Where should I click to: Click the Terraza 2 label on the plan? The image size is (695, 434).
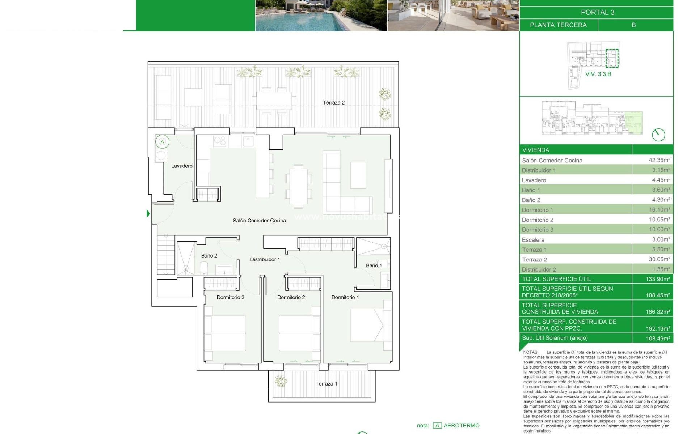[x=333, y=103]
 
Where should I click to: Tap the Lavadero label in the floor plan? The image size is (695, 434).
[x=182, y=166]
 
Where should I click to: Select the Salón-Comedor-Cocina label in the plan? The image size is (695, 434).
[x=259, y=221]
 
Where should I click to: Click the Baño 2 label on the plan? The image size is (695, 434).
[x=209, y=256]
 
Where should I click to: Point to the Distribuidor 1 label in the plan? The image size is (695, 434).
[x=265, y=259]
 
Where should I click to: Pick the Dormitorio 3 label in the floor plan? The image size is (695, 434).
[x=230, y=297]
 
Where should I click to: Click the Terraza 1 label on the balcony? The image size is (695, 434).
[x=326, y=384]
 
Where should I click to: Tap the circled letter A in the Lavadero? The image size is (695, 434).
[x=162, y=142]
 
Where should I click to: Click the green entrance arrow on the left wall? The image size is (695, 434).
[x=148, y=214]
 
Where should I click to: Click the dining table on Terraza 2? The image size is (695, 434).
[x=274, y=100]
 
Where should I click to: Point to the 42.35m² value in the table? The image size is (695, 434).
[x=659, y=160]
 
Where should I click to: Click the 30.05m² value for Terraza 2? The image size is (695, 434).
[x=659, y=259]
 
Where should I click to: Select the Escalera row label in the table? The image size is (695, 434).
[x=533, y=240]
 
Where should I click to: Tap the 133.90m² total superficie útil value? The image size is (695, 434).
[x=658, y=279]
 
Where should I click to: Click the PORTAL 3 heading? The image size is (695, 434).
[x=597, y=12]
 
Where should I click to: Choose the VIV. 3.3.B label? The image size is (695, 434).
[x=598, y=74]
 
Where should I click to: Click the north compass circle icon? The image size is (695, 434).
[x=658, y=135]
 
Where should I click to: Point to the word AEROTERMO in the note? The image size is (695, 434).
[x=461, y=426]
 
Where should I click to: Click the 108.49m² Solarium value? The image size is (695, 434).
[x=658, y=338]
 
